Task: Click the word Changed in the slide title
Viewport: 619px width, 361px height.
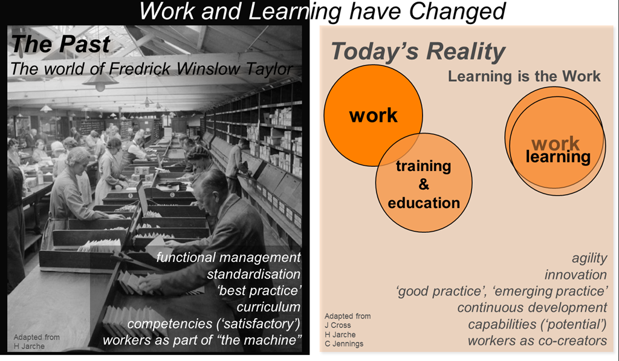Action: pos(457,12)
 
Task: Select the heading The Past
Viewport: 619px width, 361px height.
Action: pos(61,44)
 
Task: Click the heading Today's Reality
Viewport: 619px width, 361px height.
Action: pos(418,52)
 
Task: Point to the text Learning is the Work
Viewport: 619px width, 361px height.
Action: pos(524,76)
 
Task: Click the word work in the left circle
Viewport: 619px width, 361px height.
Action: pos(374,115)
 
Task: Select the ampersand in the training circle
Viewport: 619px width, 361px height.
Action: pos(424,184)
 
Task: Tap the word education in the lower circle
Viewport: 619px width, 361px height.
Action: pos(424,203)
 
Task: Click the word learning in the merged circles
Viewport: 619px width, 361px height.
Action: pos(558,157)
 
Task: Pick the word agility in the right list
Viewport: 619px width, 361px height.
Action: pos(589,259)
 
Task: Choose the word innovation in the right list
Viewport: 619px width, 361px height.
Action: pos(575,275)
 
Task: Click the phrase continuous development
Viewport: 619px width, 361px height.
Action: pos(532,308)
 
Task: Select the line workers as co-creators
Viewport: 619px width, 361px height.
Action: pos(537,340)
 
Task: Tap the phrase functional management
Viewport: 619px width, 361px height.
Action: pos(228,258)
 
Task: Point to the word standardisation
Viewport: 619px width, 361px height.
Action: pos(253,274)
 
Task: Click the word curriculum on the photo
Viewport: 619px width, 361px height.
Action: pos(268,307)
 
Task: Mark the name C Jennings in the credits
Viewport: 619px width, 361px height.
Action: pos(344,343)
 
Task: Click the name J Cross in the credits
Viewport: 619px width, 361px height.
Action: pos(337,325)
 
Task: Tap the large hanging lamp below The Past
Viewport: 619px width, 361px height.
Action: pos(100,80)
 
